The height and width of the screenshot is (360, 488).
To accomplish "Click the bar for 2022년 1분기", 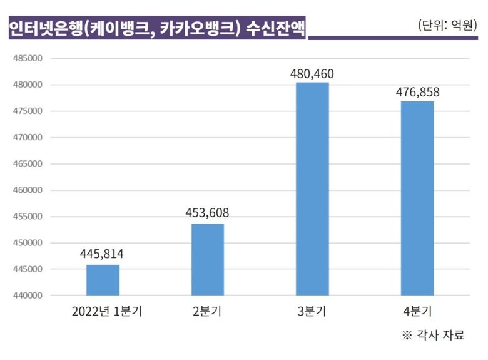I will pos(103,280).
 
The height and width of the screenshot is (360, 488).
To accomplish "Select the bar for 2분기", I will pos(208,259).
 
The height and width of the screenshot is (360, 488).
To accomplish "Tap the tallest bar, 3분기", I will pos(312,188).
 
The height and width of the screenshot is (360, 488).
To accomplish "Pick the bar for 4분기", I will pos(417,198).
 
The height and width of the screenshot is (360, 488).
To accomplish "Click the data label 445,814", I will pos(102,254).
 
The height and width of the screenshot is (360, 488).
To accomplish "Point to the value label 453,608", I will pos(207,213).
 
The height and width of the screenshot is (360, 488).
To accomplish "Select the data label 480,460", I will pos(312,73).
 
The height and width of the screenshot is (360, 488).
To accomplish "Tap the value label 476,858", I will pos(417,92).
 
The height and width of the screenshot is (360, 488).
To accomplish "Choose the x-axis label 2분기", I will pos(208,311).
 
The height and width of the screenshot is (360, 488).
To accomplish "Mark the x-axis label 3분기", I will pos(312,311).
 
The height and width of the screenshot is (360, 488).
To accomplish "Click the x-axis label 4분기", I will pos(417,311).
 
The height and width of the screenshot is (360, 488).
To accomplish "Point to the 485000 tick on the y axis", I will pos(26,58).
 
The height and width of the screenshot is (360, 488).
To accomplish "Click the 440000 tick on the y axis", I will pos(26,296).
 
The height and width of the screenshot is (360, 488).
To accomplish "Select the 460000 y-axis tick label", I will pos(26,190).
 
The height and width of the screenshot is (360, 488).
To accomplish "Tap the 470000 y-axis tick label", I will pos(26,138).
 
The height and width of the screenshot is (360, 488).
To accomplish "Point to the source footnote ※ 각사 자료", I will pos(434,336).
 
